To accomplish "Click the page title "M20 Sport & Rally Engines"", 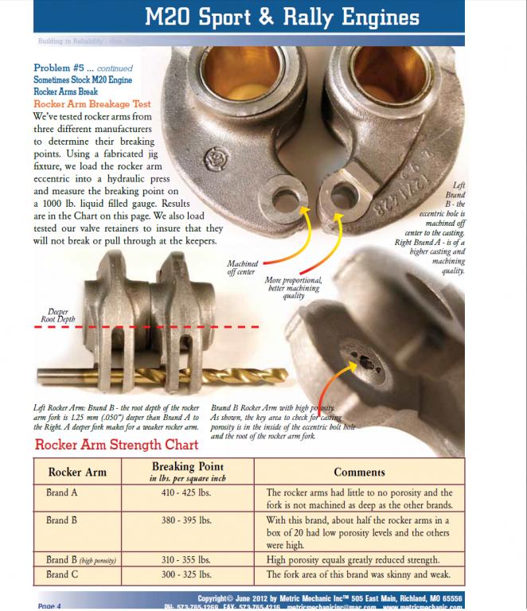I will pos(295,17).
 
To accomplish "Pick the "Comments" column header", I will pos(359,472).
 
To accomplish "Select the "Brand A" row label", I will pos(62,493).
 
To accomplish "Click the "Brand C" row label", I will pos(62,574).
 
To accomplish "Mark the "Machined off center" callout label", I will pos(242,267).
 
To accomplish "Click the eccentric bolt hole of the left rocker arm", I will pos(283,193).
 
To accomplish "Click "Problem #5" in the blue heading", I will pos(60,68).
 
